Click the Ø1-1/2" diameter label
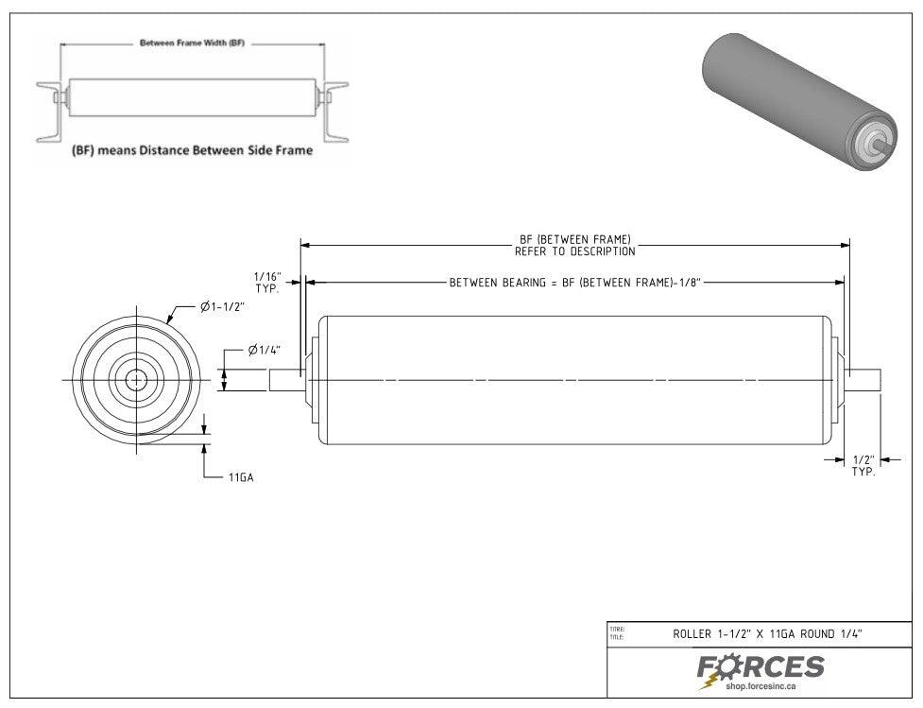pyautogui.click(x=222, y=307)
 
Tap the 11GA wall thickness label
pyautogui.click(x=240, y=478)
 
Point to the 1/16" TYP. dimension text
pyautogui.click(x=267, y=282)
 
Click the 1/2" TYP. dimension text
pyautogui.click(x=863, y=465)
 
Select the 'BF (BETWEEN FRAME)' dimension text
pyautogui.click(x=574, y=240)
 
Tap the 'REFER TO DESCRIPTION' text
pyautogui.click(x=574, y=252)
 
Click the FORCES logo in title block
pyautogui.click(x=761, y=667)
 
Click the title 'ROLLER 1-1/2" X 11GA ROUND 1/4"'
pyautogui.click(x=767, y=635)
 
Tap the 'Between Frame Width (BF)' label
pyautogui.click(x=192, y=43)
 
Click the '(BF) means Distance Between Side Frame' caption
pyautogui.click(x=193, y=150)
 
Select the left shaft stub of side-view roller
pyautogui.click(x=286, y=380)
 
